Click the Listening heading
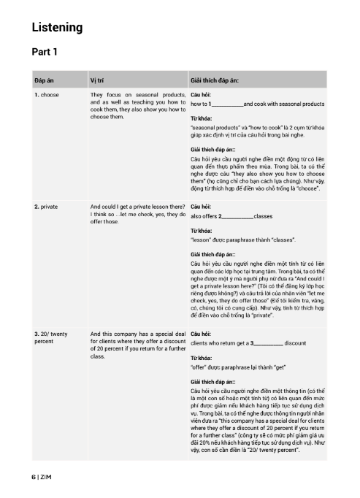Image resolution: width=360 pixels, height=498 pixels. coord(57,28)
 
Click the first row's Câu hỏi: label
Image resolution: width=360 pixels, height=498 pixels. coord(202,96)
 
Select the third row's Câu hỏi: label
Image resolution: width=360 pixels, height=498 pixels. coord(202,333)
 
